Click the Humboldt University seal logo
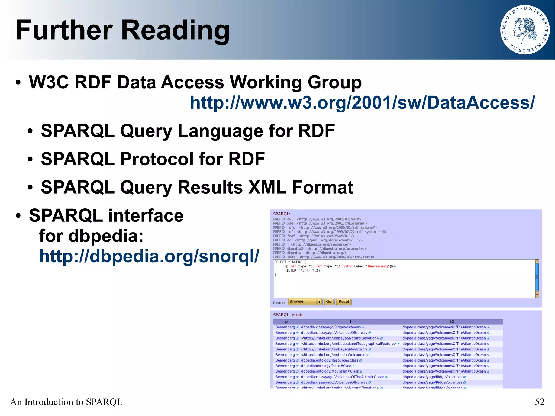coord(525,30)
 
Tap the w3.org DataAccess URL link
coord(362,103)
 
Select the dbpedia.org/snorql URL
coord(149,256)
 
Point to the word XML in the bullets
coord(267,187)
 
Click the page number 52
coord(540,402)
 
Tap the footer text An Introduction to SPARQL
coord(66,402)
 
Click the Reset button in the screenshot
coord(344,302)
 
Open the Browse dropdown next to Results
coord(305,302)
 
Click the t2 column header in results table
coord(452,322)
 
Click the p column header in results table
coord(286,322)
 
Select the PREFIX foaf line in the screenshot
coord(314,236)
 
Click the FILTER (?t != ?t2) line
coord(302,270)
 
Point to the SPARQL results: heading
coord(289,315)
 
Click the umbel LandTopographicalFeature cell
coord(349,344)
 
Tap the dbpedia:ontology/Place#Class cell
coord(326,366)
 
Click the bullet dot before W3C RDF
coord(18,82)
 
